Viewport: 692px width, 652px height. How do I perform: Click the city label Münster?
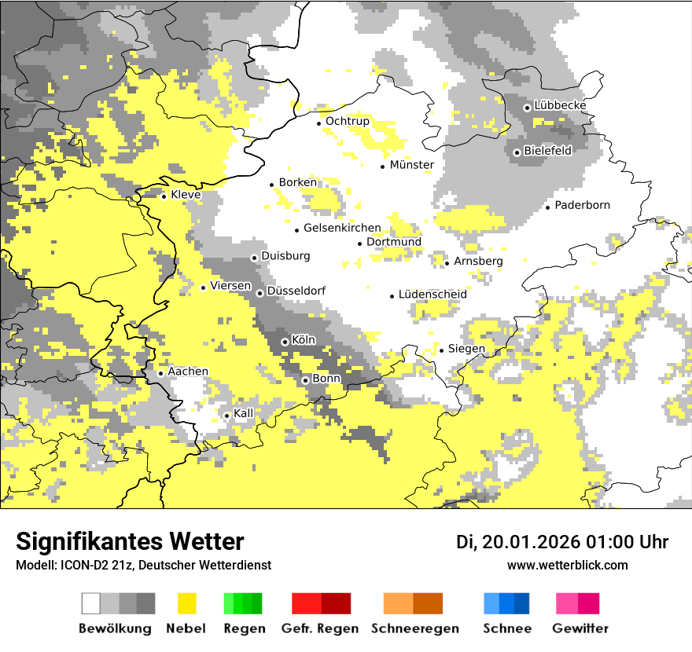coord(412,165)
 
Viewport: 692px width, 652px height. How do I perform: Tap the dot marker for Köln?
coord(285,342)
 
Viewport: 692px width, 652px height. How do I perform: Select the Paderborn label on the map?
coord(583,206)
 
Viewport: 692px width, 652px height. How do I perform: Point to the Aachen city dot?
coord(160,373)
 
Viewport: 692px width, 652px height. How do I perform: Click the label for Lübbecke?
coord(560,106)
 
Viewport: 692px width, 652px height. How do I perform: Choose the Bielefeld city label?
coord(548,151)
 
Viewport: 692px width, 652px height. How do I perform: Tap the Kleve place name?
coord(186,195)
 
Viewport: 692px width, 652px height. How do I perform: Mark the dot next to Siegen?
coord(441,350)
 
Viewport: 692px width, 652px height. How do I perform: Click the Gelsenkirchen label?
coord(342,229)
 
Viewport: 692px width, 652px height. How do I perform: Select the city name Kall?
coord(244,413)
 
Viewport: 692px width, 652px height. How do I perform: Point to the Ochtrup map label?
coord(348,122)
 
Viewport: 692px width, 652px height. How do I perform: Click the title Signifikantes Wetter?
coord(130,541)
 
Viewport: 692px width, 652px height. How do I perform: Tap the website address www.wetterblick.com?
coord(567,566)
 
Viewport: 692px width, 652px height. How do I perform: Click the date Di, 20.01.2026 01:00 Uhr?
coord(562,542)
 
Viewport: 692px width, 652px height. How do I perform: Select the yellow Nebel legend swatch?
coord(186,603)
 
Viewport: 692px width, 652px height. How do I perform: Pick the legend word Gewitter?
coord(580,628)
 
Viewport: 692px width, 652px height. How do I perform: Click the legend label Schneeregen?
coord(415,628)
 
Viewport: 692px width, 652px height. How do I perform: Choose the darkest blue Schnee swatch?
coord(522,603)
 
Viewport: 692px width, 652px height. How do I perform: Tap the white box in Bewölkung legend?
coord(91,603)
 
